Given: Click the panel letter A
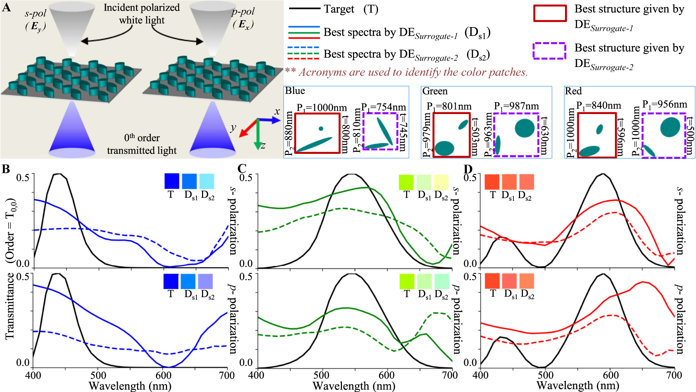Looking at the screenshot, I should tap(6, 7).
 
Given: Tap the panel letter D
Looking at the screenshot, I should tap(468, 169).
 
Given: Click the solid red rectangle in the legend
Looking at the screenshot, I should tap(550, 14).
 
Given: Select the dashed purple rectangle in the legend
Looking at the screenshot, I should tap(549, 51).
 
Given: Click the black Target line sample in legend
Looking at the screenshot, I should tap(304, 9).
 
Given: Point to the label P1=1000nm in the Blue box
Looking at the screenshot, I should tap(322, 108).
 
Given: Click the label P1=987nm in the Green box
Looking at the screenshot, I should tap(516, 106).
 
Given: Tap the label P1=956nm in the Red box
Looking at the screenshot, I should tap(665, 104).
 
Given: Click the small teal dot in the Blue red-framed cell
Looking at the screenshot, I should tap(321, 129).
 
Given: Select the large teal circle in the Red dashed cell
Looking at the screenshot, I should tap(670, 127).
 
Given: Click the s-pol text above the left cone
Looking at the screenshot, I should tap(35, 14).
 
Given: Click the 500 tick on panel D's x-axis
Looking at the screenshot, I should tap(545, 375).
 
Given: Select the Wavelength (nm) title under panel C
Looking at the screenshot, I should tap(354, 386).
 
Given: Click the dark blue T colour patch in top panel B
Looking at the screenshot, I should tap(171, 181).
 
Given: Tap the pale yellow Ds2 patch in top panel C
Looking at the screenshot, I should tap(441, 182).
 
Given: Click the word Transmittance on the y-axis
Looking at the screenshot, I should tap(10, 306).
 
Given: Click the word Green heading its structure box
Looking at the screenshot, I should tap(434, 91).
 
